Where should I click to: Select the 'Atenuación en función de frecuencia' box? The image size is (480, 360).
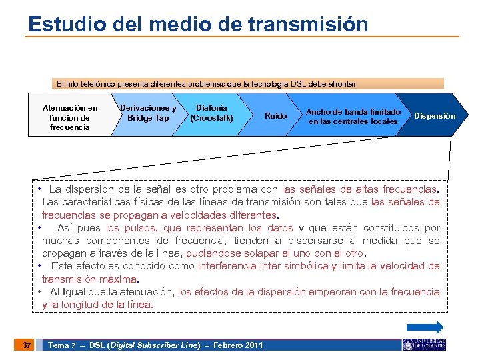69,117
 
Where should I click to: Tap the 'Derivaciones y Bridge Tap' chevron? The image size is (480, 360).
147,113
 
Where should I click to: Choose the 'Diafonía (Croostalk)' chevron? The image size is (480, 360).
211,113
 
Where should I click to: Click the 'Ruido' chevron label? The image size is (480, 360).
275,116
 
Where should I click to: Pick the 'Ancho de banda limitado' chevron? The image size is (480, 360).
353,117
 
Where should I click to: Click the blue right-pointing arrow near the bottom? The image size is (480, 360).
425,327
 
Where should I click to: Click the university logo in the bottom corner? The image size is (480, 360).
424,345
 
